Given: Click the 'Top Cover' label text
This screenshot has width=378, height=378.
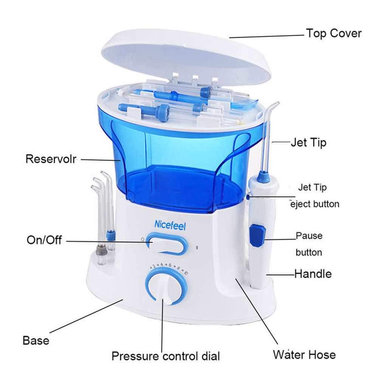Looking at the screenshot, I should coord(333,33).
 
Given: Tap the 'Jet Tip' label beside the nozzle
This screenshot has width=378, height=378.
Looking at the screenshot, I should coord(308,143).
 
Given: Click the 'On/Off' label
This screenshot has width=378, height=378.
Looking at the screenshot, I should coord(44,240).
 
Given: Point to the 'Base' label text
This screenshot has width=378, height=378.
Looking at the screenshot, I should coord(36,340).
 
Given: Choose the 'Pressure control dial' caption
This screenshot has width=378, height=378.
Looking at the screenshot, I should coord(166,356).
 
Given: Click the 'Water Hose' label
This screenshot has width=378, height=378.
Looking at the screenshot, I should coord(304,355).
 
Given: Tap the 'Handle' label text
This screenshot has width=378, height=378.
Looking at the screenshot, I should coord(313,273).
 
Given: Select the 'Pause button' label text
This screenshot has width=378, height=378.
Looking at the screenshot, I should coord(309,244).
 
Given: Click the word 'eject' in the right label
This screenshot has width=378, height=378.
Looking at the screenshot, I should coord(301,204).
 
